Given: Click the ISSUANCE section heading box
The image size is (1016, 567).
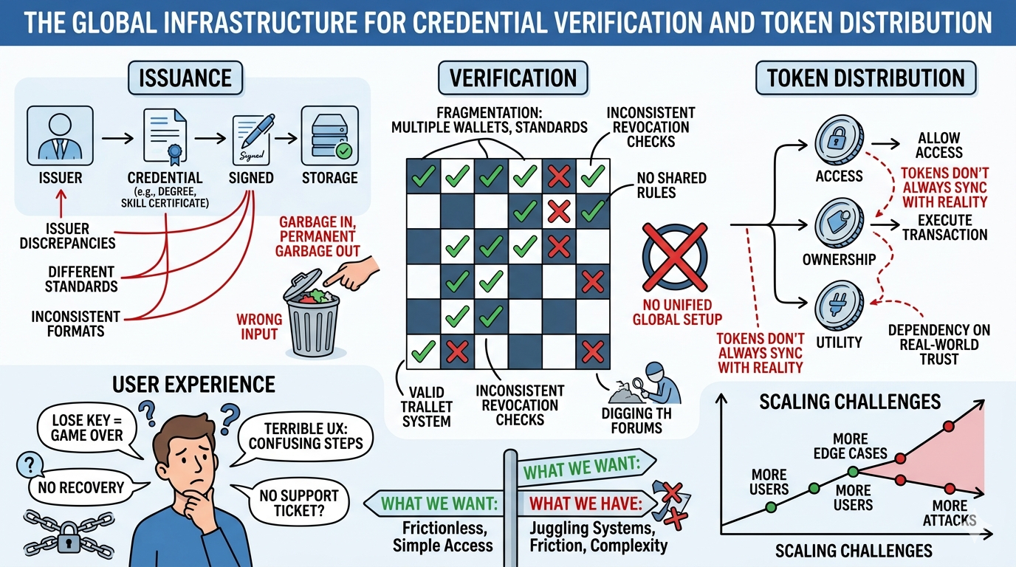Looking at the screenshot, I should coord(185,78).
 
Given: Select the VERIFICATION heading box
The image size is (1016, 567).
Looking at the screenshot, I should coord(513,78).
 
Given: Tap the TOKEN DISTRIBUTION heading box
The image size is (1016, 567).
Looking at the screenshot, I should coord(865,78).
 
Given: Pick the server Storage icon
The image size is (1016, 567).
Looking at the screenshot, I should coord(329,136).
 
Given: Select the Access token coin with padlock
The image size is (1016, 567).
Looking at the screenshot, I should coord(839,139).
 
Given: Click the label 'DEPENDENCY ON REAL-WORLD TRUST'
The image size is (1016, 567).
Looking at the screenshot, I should coord(938,344).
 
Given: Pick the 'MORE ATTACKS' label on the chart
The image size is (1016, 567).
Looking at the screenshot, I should coord(950,513).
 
